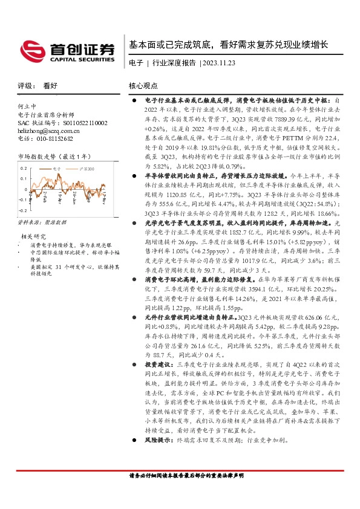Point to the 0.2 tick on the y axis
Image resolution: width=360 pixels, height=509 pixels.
24,168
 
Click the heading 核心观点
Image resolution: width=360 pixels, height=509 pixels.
143,86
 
